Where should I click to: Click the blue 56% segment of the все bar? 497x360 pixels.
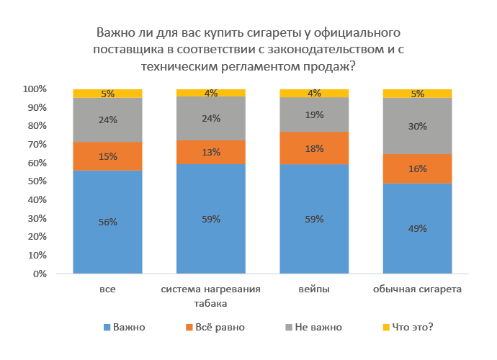click(107, 222)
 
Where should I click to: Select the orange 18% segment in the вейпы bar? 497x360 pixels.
click(314, 148)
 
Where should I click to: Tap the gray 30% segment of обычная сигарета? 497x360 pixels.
click(417, 126)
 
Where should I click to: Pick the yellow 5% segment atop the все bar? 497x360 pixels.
click(107, 94)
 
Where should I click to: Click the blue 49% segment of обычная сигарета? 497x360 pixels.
click(417, 228)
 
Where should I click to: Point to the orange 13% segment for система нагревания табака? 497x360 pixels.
click(211, 152)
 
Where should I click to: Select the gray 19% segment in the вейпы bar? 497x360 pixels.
click(314, 114)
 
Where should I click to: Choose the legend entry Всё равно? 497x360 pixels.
click(220, 327)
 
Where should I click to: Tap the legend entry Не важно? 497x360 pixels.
click(317, 327)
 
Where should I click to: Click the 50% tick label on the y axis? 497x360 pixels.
click(37, 181)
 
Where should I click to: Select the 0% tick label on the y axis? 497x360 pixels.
click(40, 274)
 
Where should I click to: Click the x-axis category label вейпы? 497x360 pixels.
click(314, 289)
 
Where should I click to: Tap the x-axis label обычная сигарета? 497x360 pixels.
click(417, 289)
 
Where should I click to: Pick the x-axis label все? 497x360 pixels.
click(107, 289)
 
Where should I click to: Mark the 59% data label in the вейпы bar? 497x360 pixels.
click(314, 219)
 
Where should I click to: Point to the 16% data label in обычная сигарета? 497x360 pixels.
click(417, 168)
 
